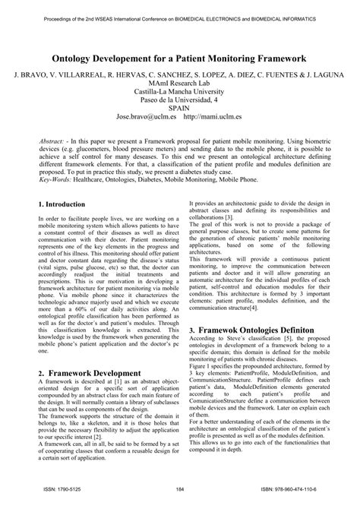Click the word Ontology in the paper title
81,57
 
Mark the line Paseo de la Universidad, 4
179,98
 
